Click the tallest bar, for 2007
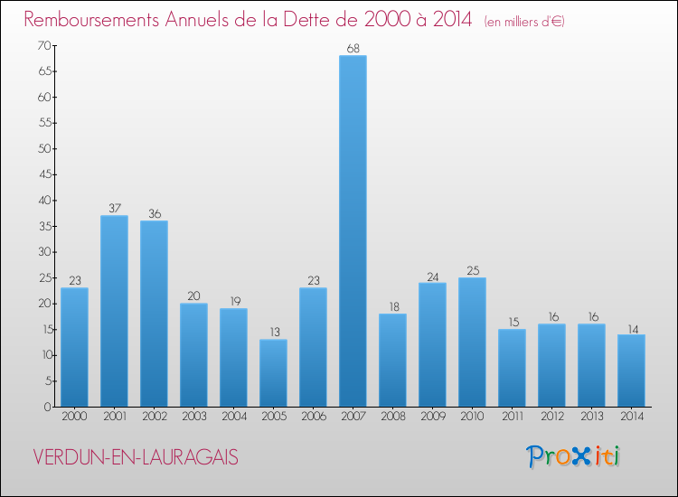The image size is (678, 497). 353,231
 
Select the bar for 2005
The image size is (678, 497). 273,373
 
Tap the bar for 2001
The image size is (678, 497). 114,311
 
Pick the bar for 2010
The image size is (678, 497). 472,342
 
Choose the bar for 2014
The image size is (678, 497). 631,370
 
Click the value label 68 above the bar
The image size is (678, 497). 353,48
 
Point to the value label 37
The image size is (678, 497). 114,208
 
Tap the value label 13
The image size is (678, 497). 273,332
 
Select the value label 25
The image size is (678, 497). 472,270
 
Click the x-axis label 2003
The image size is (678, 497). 193,417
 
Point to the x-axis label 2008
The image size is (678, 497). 392,417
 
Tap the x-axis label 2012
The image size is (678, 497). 551,417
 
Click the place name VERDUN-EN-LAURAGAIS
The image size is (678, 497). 136,457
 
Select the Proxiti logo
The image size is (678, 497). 573,456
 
